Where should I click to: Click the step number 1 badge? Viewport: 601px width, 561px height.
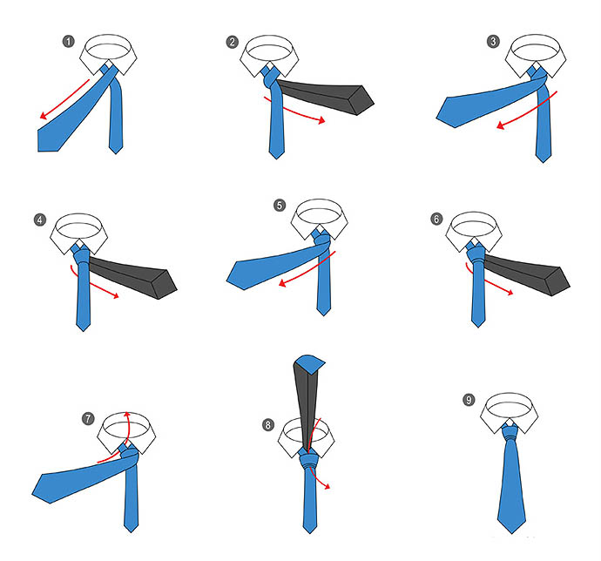(x=69, y=42)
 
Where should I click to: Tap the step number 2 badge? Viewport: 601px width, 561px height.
(x=233, y=42)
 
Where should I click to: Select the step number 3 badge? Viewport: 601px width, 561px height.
(x=493, y=41)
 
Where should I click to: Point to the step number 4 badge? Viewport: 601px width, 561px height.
(x=40, y=220)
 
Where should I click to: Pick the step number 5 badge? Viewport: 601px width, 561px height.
(x=280, y=206)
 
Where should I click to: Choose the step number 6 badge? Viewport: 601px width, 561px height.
(x=436, y=219)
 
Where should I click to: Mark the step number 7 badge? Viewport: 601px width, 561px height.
(x=88, y=418)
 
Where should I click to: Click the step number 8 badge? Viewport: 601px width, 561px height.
(x=268, y=425)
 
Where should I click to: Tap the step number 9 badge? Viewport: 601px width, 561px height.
(x=469, y=401)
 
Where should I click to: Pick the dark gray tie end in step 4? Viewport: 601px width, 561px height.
(x=132, y=277)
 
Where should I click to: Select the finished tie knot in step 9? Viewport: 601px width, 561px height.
(x=511, y=434)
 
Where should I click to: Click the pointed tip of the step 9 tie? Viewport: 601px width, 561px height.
(x=511, y=533)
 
